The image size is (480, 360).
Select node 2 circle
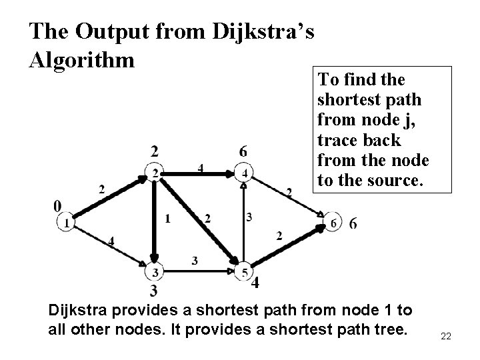(155, 174)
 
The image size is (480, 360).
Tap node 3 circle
(155, 272)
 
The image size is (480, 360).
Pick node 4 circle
(245, 174)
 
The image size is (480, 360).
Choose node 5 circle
(245, 272)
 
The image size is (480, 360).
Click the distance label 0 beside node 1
(58, 205)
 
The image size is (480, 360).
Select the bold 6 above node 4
(244, 152)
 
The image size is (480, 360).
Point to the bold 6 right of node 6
(352, 224)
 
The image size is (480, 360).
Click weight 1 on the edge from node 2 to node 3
(167, 218)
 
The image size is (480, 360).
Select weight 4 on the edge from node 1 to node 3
(111, 241)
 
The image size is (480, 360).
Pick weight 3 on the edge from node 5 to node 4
(249, 217)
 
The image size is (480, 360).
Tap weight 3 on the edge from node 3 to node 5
(194, 261)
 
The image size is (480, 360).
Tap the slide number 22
(446, 336)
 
